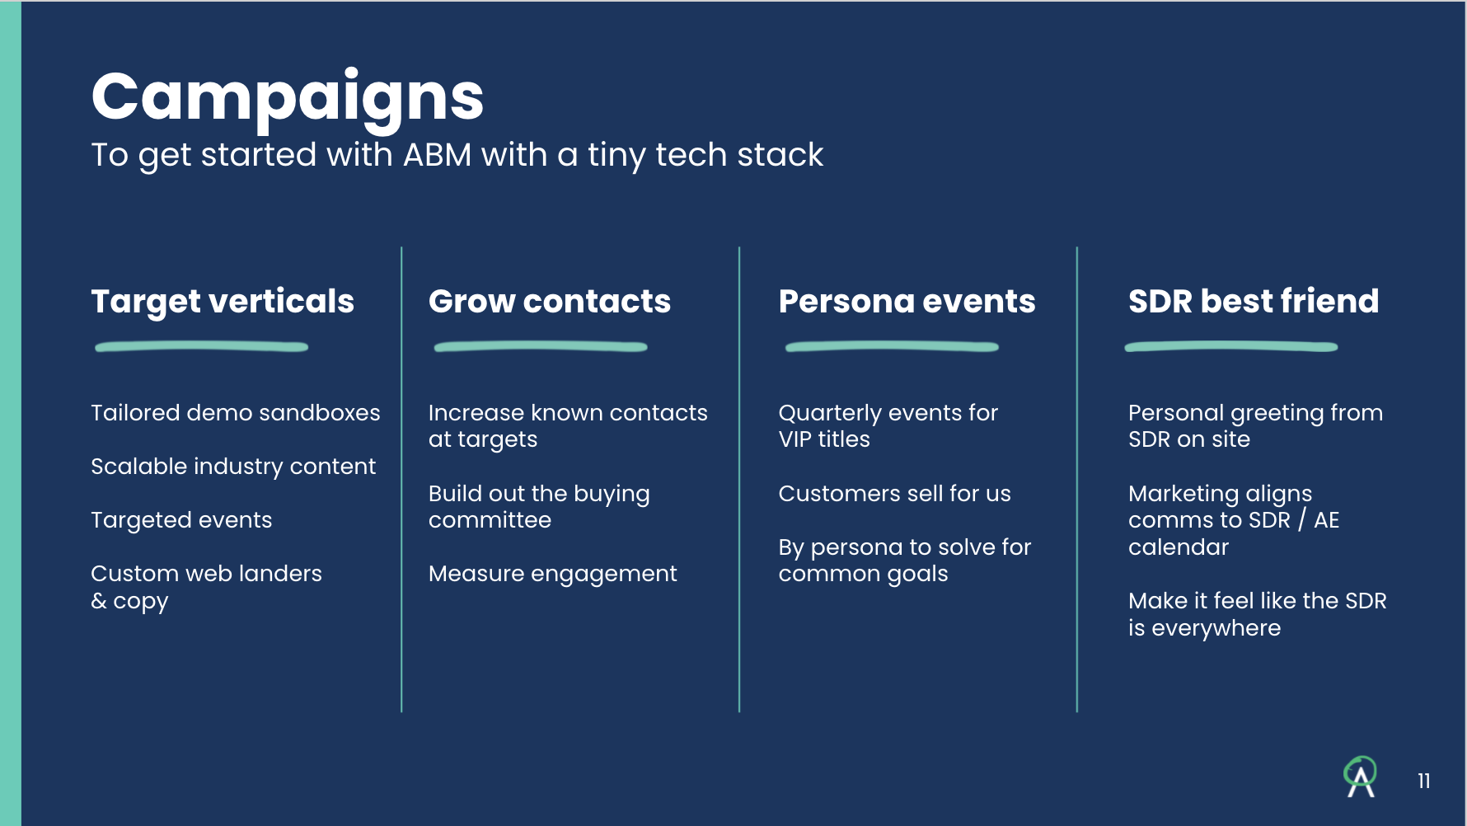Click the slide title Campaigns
[287, 97]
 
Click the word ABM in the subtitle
[437, 155]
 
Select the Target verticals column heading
[223, 302]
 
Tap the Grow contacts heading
[549, 302]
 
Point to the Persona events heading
[907, 302]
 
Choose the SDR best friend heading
[1253, 302]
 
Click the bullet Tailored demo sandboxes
[235, 413]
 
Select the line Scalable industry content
[233, 467]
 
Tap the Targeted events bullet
[181, 520]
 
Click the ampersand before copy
[99, 601]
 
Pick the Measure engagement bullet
[552, 574]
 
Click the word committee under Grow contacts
[490, 520]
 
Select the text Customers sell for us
[894, 494]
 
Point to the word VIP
[795, 439]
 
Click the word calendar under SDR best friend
[1178, 547]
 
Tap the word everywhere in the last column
[1216, 628]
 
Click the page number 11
[1423, 781]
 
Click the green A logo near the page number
[1360, 777]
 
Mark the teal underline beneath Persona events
[892, 347]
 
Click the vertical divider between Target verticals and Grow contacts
[401, 478]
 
